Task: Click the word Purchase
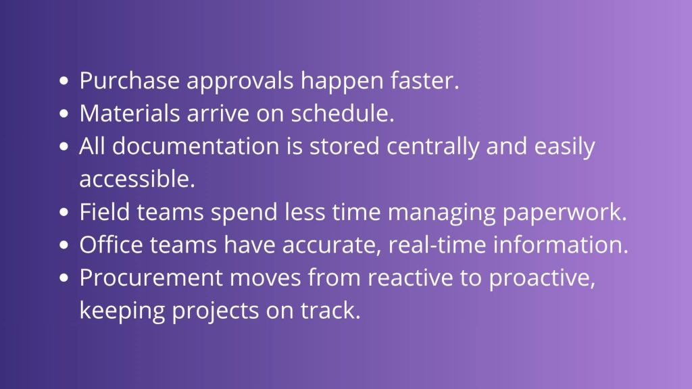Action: [129, 81]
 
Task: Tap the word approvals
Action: [240, 82]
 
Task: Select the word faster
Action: [424, 80]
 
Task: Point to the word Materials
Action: [130, 113]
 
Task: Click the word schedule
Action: [343, 113]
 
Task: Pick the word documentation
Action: [195, 146]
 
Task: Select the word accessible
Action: [137, 178]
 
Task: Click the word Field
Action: [105, 211]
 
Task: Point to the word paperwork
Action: [564, 213]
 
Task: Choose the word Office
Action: [112, 244]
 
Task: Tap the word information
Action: [560, 244]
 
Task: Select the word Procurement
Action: [151, 278]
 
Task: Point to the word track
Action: [330, 310]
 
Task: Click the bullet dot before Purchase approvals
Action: [64, 81]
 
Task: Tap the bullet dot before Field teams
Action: [64, 212]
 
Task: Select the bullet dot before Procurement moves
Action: [64, 278]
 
